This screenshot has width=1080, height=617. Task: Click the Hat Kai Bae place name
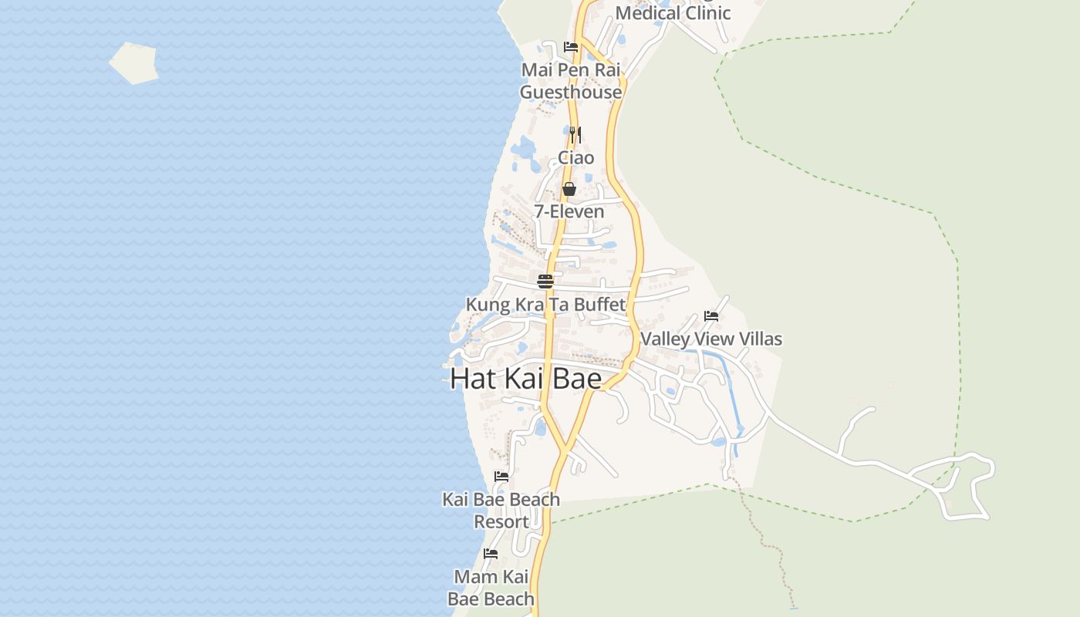(x=525, y=379)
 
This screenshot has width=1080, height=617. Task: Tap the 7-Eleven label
(x=569, y=211)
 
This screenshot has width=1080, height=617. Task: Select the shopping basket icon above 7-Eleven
(x=569, y=189)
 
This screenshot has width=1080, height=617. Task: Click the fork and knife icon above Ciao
(x=575, y=135)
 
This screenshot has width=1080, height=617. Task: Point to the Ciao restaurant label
(x=576, y=158)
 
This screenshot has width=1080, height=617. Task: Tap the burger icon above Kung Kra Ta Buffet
(x=545, y=282)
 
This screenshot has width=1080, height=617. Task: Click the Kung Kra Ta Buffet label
(x=545, y=305)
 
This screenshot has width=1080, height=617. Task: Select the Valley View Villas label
(x=711, y=339)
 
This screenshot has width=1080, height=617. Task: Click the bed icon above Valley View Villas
(x=711, y=316)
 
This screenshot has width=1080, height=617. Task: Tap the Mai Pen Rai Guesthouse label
(x=571, y=81)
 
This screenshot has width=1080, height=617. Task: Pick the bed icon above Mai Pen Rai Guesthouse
(x=571, y=47)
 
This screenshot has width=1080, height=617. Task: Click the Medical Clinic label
(x=673, y=13)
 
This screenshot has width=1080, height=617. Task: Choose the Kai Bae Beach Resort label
(x=501, y=511)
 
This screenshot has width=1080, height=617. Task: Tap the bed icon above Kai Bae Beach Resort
(x=501, y=477)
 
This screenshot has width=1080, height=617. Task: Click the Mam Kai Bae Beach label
(x=491, y=588)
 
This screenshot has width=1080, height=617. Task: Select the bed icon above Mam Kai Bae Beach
(x=491, y=554)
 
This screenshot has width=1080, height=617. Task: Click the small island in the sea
(x=134, y=62)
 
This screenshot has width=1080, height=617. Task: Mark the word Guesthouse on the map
(x=571, y=93)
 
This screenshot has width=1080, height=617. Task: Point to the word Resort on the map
(x=501, y=522)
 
